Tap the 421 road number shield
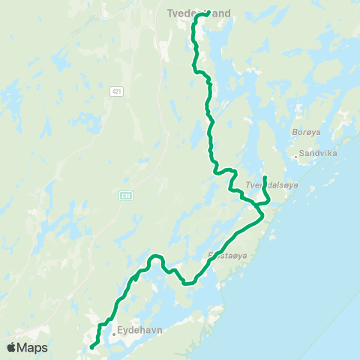115,91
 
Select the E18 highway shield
125,195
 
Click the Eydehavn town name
140,328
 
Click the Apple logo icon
11,347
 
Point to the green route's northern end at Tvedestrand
208,12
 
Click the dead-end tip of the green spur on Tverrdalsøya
265,178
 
